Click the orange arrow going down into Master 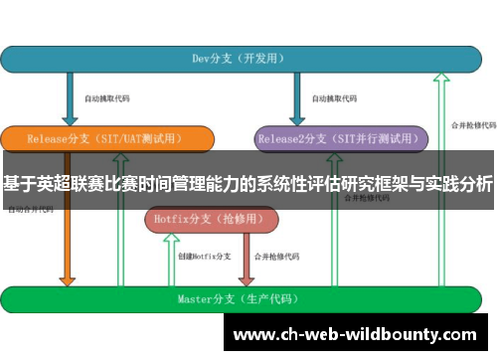[x=67, y=249]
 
